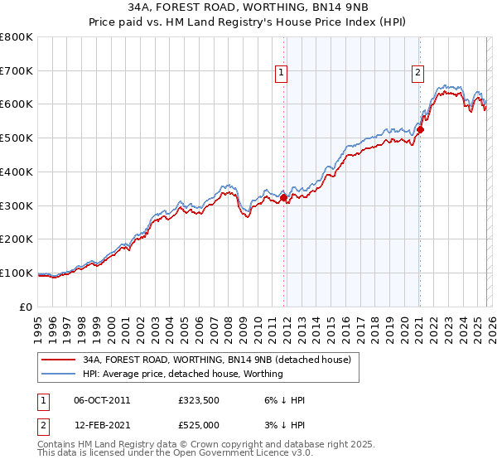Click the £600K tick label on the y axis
17,104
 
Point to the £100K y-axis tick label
17,273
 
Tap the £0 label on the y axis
26,307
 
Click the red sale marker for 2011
283,198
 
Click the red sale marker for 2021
420,129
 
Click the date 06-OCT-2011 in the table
102,400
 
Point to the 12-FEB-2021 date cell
102,425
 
